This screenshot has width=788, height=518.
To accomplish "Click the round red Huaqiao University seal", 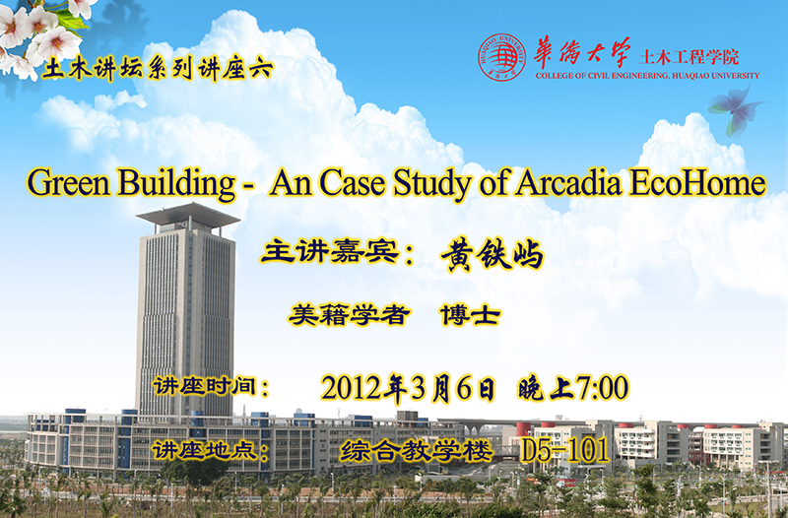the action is click(x=501, y=57).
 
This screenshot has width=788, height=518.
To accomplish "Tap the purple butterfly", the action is click(x=736, y=110).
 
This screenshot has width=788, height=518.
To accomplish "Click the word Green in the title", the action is click(x=68, y=182).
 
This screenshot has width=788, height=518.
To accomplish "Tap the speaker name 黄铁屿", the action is click(x=492, y=254).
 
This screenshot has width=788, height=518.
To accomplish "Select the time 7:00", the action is click(x=602, y=388).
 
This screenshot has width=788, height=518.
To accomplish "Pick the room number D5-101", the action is click(x=564, y=450).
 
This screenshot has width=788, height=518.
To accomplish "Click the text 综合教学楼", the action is click(x=416, y=450).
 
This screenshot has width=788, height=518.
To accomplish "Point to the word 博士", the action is click(x=471, y=315).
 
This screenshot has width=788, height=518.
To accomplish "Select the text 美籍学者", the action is click(x=350, y=315).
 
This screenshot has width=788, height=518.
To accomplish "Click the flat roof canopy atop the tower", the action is click(x=188, y=216).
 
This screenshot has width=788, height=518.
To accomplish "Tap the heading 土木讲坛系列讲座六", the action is click(x=158, y=70).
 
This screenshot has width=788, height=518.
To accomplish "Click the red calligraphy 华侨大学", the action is click(x=581, y=53).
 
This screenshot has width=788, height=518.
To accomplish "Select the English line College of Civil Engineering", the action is click(x=647, y=76).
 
